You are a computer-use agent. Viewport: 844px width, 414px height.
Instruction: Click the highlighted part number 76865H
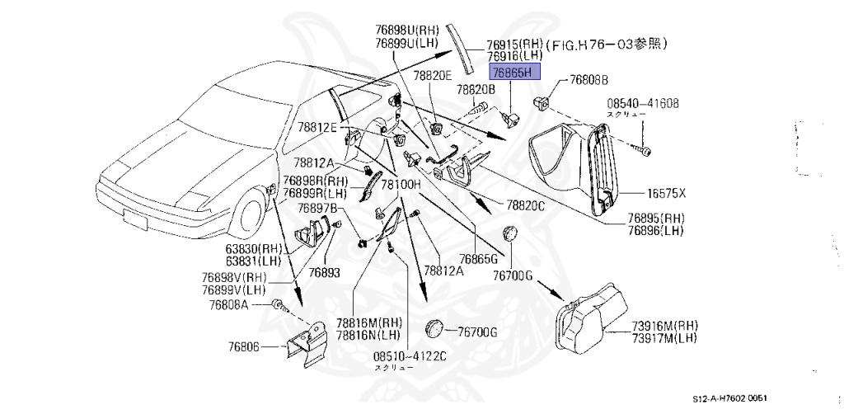[514, 73]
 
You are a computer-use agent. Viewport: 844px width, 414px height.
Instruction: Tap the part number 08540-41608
[643, 103]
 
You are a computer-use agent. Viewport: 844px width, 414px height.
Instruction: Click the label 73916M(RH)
[663, 325]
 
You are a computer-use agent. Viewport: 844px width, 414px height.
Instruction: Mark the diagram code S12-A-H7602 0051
[741, 398]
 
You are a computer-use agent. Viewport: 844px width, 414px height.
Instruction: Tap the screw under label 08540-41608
[645, 151]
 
